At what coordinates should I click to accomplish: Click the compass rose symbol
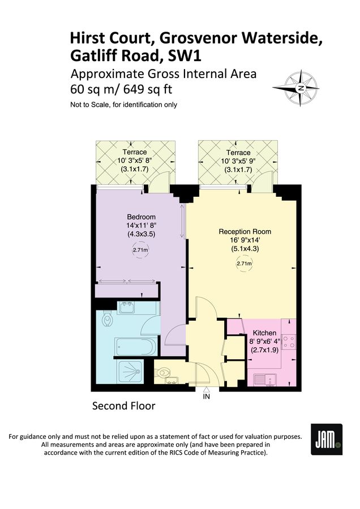pos(301,88)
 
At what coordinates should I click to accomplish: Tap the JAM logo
pos(327,439)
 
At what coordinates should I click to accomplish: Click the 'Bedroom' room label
pos(141,217)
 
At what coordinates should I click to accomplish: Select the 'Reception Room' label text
pos(245,232)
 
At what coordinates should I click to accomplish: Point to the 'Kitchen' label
pos(264,333)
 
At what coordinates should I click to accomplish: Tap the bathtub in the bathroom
pos(135,346)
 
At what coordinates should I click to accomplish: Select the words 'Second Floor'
pos(123,406)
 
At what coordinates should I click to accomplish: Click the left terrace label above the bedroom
pos(135,152)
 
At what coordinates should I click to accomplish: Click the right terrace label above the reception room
pos(238,152)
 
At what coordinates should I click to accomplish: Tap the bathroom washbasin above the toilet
pos(125,308)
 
